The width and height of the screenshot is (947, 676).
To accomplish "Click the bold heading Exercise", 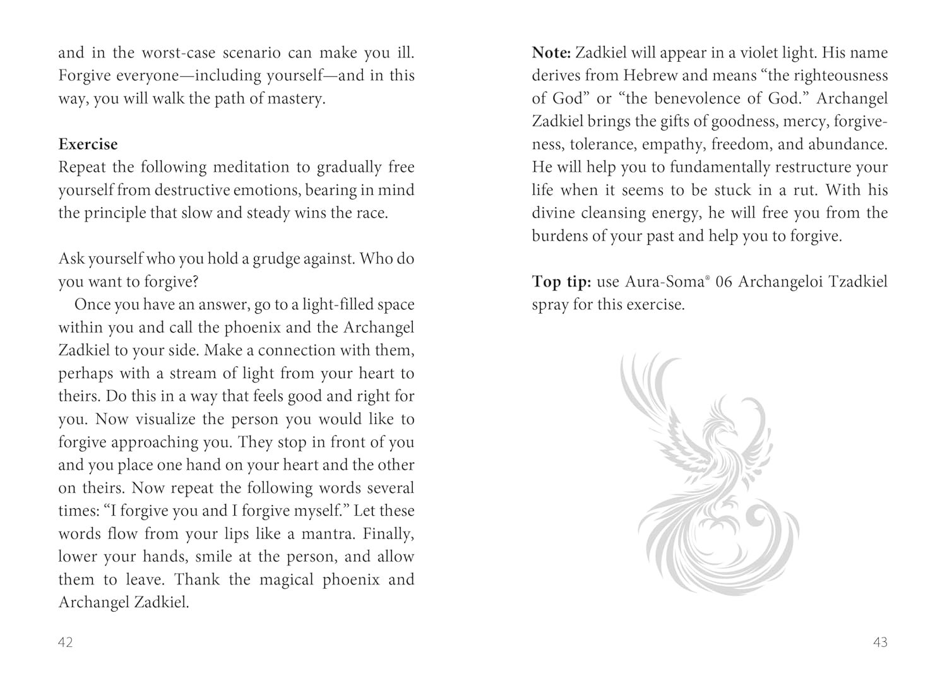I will coord(88,145).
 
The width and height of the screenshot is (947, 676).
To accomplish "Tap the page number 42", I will coord(66,643).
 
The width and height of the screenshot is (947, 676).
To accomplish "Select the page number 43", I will coord(880,643).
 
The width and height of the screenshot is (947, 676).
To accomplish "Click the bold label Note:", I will coord(551,53).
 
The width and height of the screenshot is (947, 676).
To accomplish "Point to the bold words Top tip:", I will coord(565,282).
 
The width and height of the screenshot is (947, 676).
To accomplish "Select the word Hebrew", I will coord(651,76).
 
